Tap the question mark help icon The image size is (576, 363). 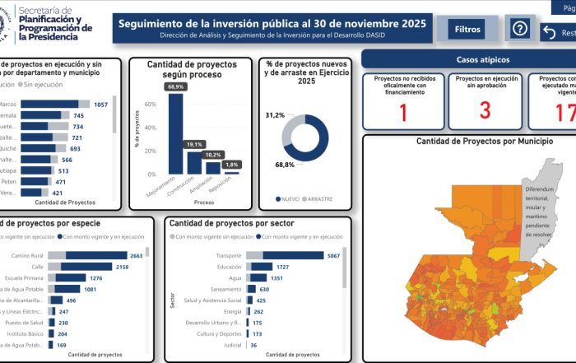pyautogui.click(x=519, y=29)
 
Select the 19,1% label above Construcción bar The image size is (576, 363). pyautogui.click(x=194, y=144)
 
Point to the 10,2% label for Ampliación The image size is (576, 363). pyautogui.click(x=213, y=155)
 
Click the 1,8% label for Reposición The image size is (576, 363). pyautogui.click(x=232, y=165)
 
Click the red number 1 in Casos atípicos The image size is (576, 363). pyautogui.click(x=403, y=111)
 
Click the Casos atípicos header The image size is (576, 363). pyautogui.click(x=482, y=60)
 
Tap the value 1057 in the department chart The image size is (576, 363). pyautogui.click(x=101, y=105)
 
